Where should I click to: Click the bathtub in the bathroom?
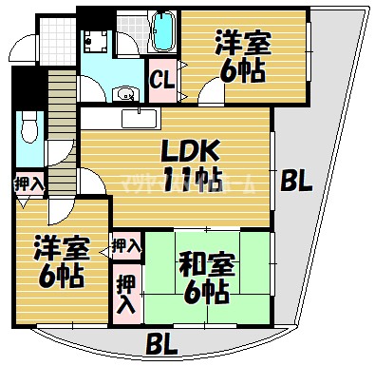click(x=162, y=32)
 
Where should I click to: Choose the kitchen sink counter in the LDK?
click(x=139, y=117)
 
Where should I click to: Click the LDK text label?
click(x=191, y=150)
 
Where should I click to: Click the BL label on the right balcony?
click(x=296, y=181)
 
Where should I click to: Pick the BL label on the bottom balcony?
click(x=165, y=342)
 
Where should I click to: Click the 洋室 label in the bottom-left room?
click(x=63, y=249)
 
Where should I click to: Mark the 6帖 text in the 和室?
click(x=204, y=292)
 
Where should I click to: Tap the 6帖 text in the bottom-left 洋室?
click(x=63, y=277)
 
